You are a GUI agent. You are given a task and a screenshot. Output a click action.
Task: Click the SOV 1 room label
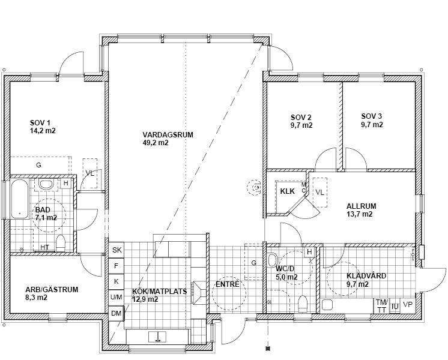40,123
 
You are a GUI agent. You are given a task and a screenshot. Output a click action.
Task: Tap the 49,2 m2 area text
156,143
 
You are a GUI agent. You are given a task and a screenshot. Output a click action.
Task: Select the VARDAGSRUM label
168,135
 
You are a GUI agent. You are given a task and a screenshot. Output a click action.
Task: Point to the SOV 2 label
301,118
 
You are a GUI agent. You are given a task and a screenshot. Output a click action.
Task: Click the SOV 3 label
371,116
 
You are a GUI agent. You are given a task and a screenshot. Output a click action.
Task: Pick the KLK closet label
287,191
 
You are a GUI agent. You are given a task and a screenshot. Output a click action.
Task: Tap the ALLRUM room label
361,206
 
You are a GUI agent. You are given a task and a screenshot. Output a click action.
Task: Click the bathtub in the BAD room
20,199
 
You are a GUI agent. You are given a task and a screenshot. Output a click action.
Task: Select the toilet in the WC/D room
303,304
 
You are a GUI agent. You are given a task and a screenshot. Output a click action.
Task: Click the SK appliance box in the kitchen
117,250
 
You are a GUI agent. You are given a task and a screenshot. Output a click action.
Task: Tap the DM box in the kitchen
117,313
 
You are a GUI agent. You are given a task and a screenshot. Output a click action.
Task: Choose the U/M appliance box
117,297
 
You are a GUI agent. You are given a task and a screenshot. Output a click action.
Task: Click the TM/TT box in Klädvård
381,306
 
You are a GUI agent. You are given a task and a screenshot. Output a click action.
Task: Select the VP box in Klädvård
408,305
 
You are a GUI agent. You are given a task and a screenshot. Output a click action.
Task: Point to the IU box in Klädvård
395,307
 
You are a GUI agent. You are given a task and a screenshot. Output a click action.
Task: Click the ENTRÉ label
228,284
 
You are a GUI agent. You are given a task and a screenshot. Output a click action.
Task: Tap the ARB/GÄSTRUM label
52,290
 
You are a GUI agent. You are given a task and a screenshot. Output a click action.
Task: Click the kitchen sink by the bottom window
157,337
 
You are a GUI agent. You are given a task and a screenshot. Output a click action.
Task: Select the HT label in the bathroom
44,247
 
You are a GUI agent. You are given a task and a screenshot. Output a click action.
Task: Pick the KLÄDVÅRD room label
366,276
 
